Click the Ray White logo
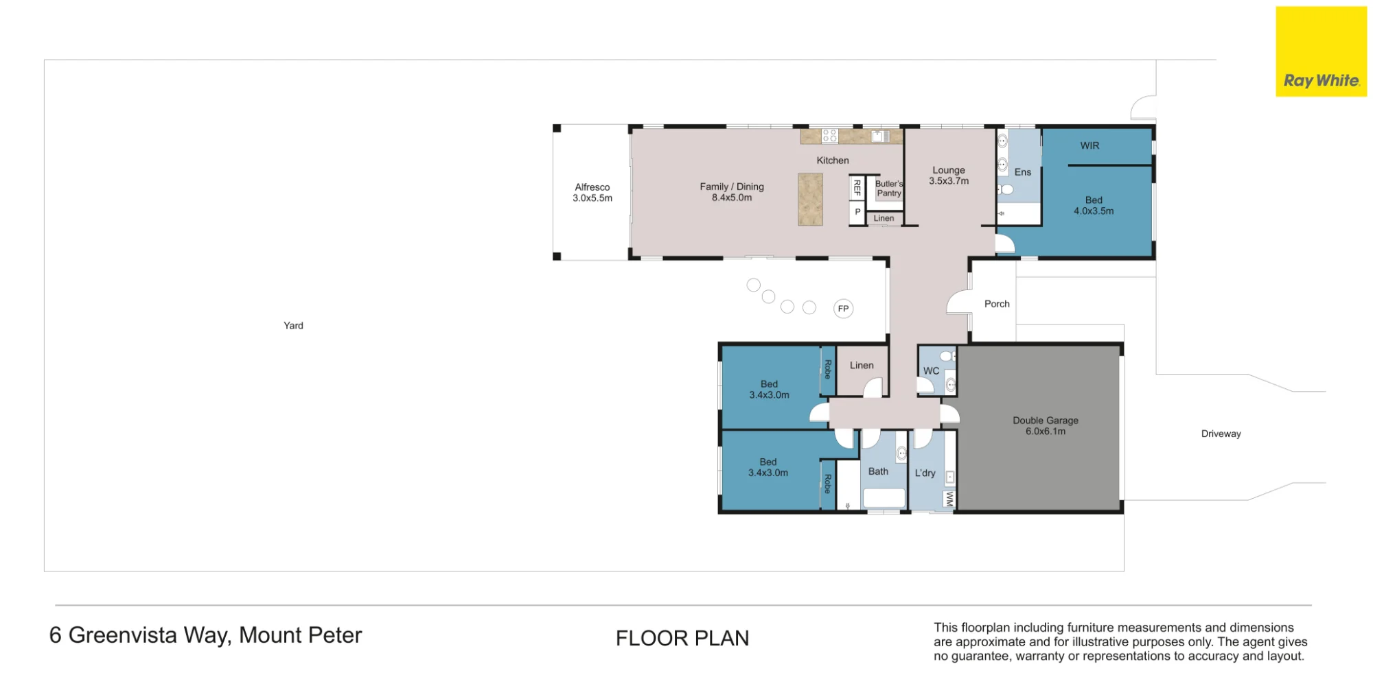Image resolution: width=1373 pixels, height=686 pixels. tap(1321, 51)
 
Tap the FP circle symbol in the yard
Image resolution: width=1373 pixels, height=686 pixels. tap(843, 309)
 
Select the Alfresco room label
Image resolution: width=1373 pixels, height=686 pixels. tap(592, 193)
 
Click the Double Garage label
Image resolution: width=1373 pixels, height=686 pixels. tap(1046, 426)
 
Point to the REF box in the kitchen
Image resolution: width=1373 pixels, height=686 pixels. tap(857, 187)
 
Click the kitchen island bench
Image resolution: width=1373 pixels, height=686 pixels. tap(810, 200)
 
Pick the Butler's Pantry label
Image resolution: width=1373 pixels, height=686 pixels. tap(889, 189)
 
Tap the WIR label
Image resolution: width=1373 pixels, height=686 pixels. tap(1089, 145)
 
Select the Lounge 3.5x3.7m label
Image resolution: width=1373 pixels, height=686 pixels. tap(949, 176)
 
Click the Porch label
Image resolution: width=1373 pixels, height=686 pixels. tap(997, 304)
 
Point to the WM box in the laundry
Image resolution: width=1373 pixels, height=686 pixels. tap(949, 499)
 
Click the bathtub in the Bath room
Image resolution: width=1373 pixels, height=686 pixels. tap(884, 498)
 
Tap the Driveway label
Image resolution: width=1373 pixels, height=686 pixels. tap(1221, 434)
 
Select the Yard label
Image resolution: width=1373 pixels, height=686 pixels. tap(293, 326)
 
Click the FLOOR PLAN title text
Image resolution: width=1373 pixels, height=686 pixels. tap(682, 639)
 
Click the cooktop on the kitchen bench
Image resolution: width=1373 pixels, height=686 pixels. tap(829, 136)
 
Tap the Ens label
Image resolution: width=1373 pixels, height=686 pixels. tap(1023, 172)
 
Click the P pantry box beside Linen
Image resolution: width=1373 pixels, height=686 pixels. tap(857, 213)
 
